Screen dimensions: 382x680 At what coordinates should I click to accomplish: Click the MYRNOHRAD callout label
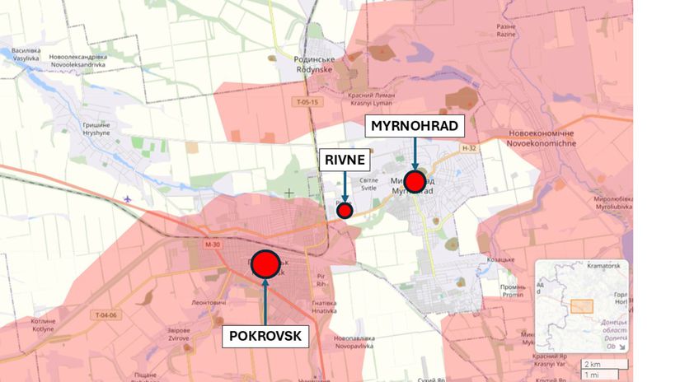point(415,127)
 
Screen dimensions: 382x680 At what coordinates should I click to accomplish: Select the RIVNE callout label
point(344,161)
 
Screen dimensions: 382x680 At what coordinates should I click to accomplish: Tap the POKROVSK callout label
point(266,337)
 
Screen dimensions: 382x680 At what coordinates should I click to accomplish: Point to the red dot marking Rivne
point(345,210)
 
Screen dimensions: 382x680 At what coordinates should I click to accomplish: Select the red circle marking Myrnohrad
point(415,181)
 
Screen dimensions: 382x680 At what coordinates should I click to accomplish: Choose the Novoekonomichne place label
point(532,137)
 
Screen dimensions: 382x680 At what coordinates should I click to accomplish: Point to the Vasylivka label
point(26,54)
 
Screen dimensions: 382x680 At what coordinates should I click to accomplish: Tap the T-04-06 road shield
point(106,316)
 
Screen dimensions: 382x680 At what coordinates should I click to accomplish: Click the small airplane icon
point(127,200)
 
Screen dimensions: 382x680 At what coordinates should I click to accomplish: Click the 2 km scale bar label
point(592,364)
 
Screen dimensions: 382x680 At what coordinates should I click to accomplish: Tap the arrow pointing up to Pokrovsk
point(265,300)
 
